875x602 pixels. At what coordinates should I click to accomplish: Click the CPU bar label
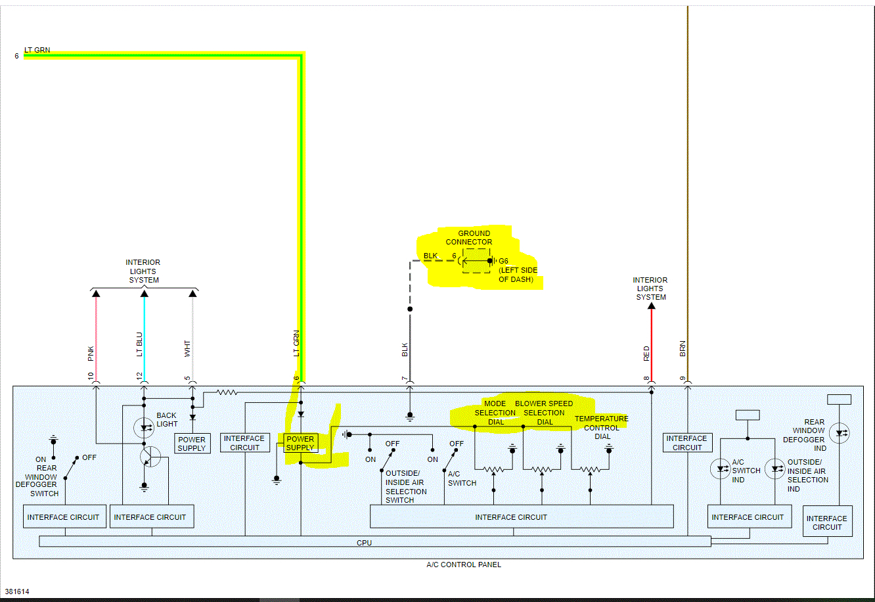(x=364, y=543)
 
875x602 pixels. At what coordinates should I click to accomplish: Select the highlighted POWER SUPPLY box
(x=300, y=444)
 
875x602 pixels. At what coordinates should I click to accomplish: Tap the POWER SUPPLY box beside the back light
(x=192, y=444)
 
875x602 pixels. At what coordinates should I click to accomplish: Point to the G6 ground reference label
(x=503, y=261)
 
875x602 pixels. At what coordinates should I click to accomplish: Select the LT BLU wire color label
(x=139, y=345)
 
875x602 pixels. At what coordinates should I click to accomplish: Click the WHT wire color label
(x=188, y=349)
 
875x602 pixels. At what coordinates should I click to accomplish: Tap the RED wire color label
(x=646, y=354)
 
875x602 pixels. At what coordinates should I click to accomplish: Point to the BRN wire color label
(x=683, y=349)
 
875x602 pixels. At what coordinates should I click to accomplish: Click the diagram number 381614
(x=16, y=591)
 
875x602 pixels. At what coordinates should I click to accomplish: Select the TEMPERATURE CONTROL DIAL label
(x=601, y=427)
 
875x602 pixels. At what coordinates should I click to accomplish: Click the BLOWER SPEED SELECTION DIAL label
(x=544, y=413)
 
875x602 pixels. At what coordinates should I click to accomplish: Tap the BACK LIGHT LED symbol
(x=144, y=428)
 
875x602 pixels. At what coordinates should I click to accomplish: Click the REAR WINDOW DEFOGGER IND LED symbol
(x=838, y=433)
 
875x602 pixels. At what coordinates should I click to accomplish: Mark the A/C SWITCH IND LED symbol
(x=720, y=469)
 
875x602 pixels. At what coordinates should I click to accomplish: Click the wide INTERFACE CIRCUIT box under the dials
(x=522, y=517)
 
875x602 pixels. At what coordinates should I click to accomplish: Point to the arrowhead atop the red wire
(x=651, y=306)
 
